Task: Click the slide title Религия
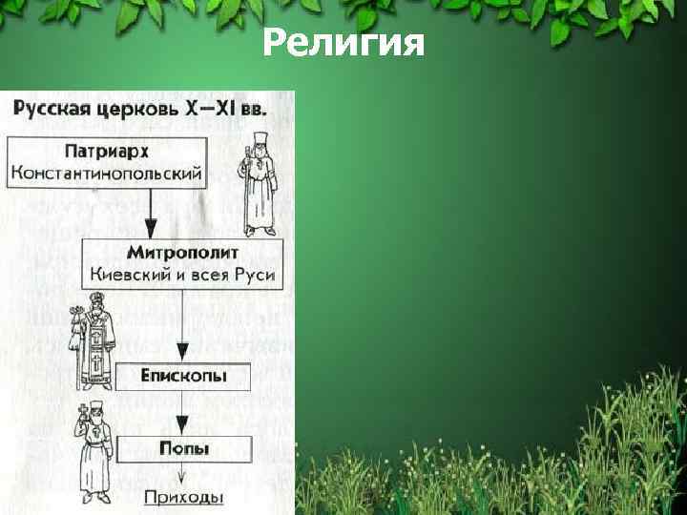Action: pos(343,42)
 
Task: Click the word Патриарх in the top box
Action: pos(106,152)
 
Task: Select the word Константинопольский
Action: pos(106,174)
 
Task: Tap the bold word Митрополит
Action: pos(181,254)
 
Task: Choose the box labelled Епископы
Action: pos(184,376)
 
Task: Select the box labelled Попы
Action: pos(184,448)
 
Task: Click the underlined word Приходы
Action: pos(184,497)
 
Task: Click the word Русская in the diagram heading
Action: pos(55,107)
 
